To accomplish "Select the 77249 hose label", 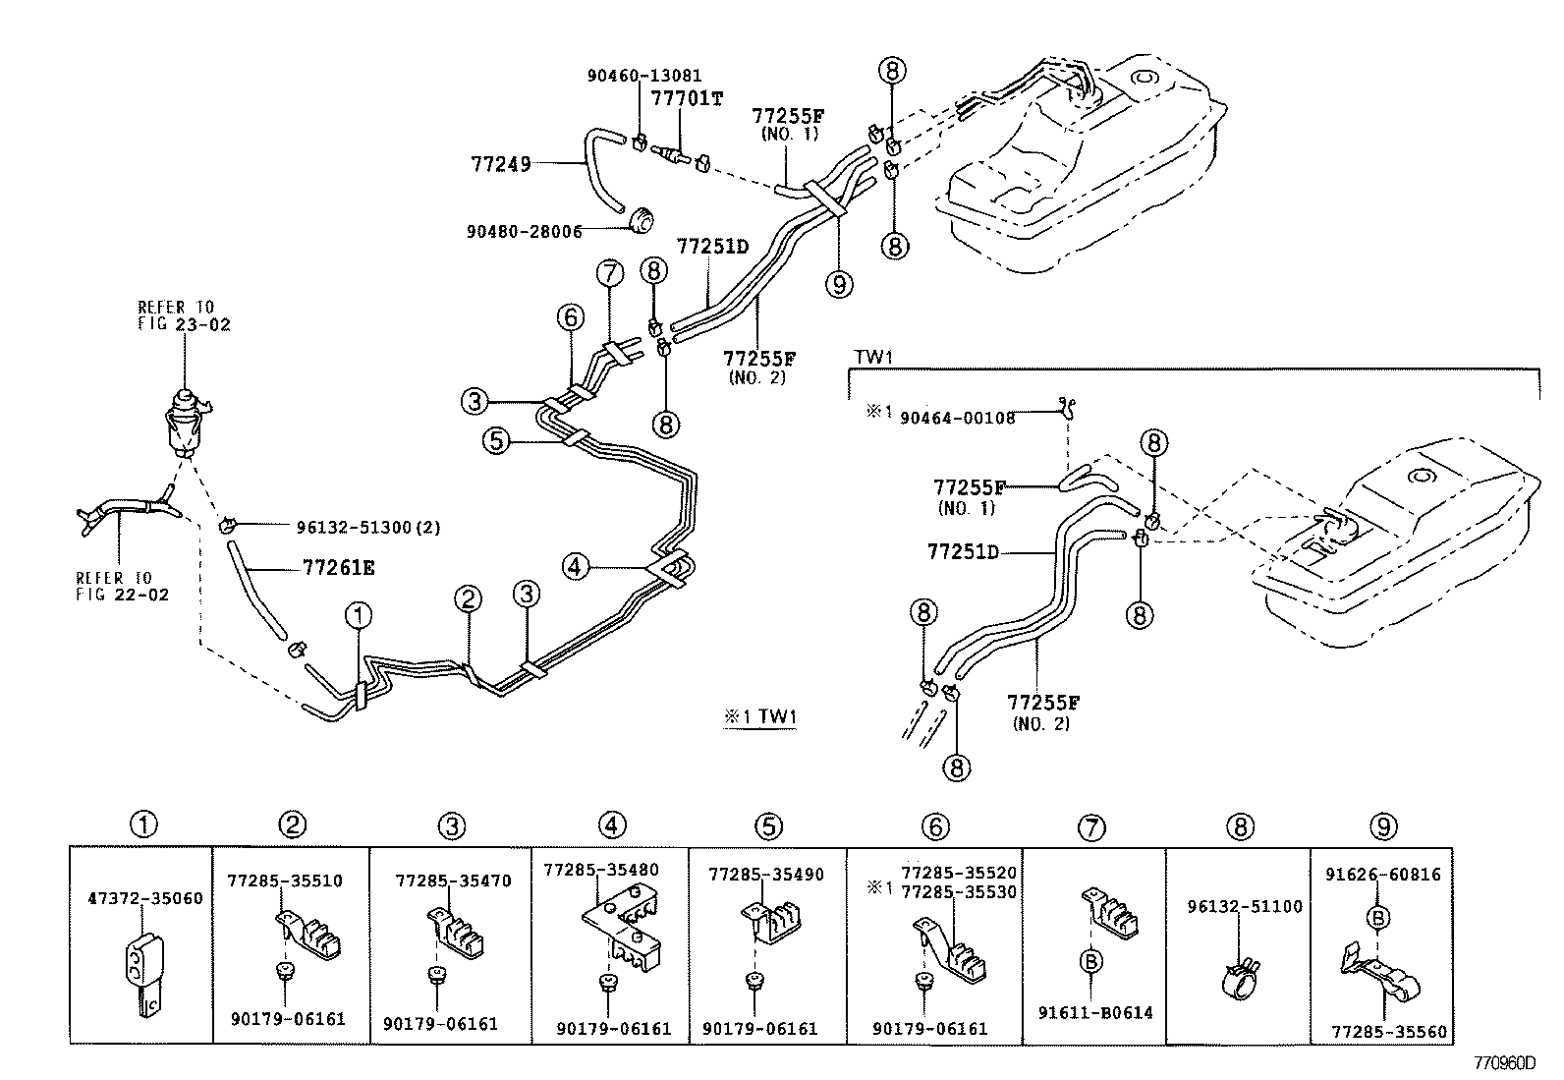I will click(500, 163).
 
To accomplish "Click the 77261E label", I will click(338, 567).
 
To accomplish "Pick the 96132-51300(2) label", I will click(367, 528).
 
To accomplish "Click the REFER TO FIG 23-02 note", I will click(184, 315).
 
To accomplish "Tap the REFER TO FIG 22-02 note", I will click(122, 586).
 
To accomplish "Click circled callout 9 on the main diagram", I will click(839, 285).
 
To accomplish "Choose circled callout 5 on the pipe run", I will click(497, 441).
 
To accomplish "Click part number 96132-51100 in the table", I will click(1243, 906).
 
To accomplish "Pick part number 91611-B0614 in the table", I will click(1093, 1012).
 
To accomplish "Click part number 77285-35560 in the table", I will click(1389, 1032).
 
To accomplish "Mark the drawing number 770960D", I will click(1502, 1063).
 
